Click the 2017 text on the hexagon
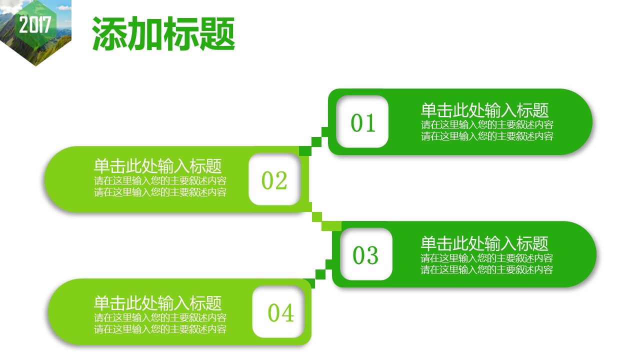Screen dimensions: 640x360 pos(35,24)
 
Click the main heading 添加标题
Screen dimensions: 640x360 pos(163,33)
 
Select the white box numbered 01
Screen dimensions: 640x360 pos(362,121)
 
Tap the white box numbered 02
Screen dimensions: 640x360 pos(274,179)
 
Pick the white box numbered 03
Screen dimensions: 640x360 pos(366,254)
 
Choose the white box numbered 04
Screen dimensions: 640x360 pos(278,311)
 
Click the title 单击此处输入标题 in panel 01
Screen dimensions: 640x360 pos(484,110)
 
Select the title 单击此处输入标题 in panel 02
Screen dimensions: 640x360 pos(157,166)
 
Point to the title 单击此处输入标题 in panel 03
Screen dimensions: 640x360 pos(484,243)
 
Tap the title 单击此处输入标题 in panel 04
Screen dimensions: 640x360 pos(157,303)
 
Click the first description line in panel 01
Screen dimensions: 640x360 pos(487,124)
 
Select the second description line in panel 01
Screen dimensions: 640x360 pos(487,136)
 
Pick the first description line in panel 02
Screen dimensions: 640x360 pos(160,180)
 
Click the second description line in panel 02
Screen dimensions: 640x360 pos(160,192)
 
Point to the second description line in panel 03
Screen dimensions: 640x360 pos(487,269)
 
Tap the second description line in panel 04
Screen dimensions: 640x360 pos(160,329)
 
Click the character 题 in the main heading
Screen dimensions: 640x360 pos(217,33)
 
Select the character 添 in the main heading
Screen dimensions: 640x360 pos(109,33)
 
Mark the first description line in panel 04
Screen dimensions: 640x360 pos(160,317)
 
